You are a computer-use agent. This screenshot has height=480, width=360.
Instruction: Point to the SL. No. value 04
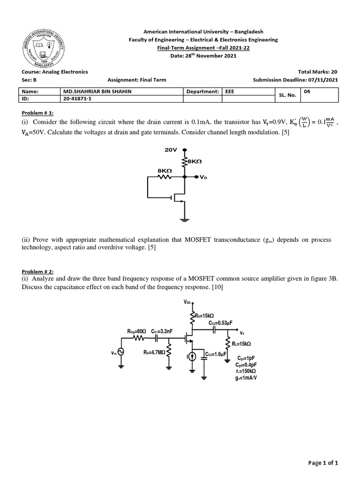click(x=307, y=92)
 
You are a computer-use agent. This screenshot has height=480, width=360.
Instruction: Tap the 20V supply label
click(x=171, y=150)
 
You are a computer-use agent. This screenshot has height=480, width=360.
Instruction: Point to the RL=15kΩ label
click(x=242, y=343)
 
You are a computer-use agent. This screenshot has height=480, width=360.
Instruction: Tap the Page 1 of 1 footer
click(x=323, y=463)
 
